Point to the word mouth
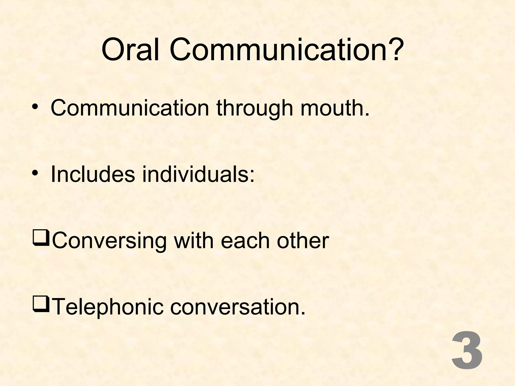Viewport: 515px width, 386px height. pyautogui.click(x=335, y=108)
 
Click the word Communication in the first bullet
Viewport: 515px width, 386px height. pyautogui.click(x=130, y=108)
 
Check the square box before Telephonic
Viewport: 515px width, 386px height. pyautogui.click(x=41, y=305)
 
